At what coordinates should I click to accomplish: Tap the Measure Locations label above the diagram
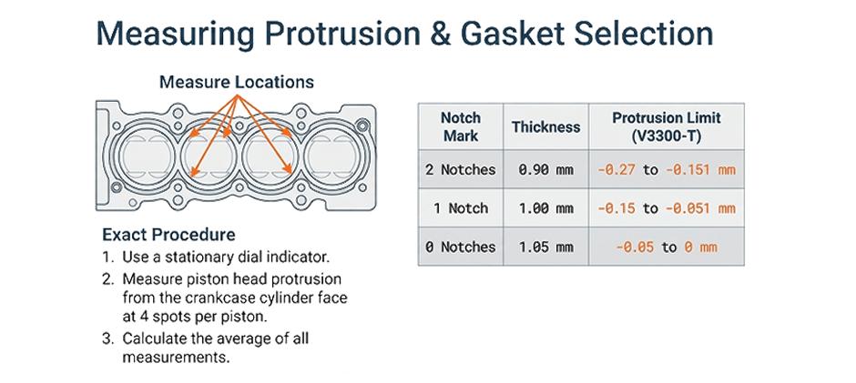(x=236, y=82)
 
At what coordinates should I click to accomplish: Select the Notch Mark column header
(x=461, y=126)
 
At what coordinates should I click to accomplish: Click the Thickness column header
(x=545, y=126)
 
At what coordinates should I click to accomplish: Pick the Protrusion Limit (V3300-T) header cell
(x=666, y=126)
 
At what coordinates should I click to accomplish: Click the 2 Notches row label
(x=461, y=169)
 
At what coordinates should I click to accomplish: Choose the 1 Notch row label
(x=461, y=208)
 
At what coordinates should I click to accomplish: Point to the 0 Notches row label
(x=461, y=247)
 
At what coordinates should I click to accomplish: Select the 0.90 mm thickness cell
(x=545, y=169)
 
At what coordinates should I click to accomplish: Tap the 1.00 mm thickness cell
(x=545, y=208)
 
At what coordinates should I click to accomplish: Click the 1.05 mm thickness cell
(x=545, y=247)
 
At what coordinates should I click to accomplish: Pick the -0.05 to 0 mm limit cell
(x=666, y=247)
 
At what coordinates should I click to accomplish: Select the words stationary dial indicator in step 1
(x=258, y=257)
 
